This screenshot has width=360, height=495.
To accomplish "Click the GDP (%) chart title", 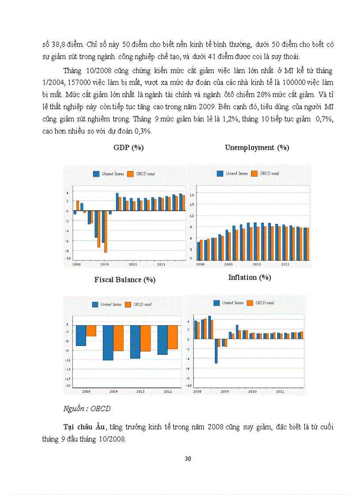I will (x=128, y=148).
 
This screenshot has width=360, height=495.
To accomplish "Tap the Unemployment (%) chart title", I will (x=257, y=148).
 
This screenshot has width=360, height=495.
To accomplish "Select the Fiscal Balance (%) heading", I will (x=124, y=279).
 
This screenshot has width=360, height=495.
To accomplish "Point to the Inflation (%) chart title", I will (x=249, y=277).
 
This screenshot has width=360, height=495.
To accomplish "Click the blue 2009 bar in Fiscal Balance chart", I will (x=108, y=342).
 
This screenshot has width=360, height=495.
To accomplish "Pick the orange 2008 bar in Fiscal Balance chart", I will (x=91, y=331).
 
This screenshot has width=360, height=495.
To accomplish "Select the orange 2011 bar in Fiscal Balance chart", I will (x=172, y=337).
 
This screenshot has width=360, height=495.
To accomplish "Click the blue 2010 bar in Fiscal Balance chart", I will (x=135, y=342).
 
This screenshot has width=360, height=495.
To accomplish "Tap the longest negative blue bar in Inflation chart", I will (x=216, y=351).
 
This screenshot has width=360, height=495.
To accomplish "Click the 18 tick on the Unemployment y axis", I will (x=192, y=194).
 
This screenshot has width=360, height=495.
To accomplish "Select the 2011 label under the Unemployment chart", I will (x=285, y=264).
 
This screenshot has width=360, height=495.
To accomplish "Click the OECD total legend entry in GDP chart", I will (x=141, y=174).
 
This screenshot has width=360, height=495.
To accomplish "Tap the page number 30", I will (x=187, y=458).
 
